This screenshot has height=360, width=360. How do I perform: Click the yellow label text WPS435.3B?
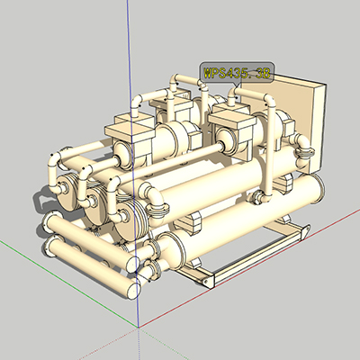(237, 73)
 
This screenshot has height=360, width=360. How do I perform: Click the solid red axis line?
(249, 268)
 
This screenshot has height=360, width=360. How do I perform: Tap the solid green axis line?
(69, 283)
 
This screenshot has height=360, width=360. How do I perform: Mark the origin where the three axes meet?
(139, 328)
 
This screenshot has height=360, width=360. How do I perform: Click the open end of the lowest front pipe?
(133, 290)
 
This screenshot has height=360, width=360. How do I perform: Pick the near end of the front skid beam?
(209, 281)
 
